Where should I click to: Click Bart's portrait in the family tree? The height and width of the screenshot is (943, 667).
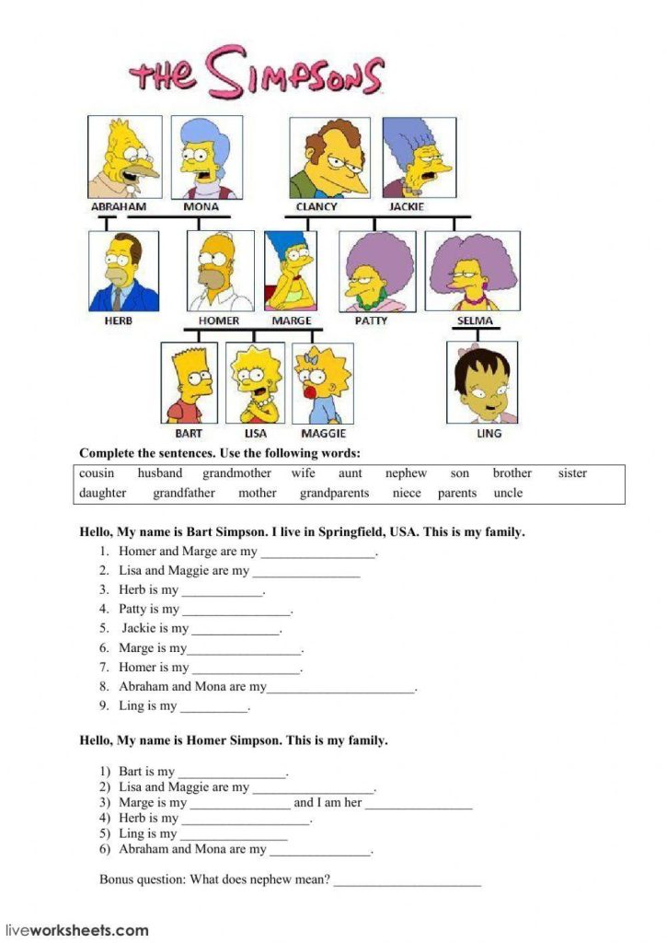click(190, 383)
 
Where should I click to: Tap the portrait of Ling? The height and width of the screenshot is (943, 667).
click(482, 382)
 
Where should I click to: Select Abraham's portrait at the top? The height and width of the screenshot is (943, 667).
click(124, 157)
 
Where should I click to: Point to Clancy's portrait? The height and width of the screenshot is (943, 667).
click(329, 157)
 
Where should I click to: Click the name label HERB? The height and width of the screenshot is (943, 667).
click(118, 320)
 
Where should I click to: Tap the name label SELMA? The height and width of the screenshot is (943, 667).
click(475, 320)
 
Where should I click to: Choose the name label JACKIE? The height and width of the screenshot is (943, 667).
click(407, 206)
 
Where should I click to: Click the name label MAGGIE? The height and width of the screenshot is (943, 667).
click(323, 432)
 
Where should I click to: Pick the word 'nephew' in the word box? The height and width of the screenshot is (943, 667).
click(406, 473)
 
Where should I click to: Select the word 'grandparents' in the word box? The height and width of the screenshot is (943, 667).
click(334, 493)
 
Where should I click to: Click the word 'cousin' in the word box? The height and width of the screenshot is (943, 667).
click(97, 473)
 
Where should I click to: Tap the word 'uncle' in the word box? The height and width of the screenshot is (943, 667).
click(508, 493)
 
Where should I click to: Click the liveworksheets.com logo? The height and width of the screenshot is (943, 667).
click(77, 930)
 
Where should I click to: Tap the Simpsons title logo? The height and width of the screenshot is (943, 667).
click(256, 73)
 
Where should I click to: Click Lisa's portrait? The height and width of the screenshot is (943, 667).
click(256, 383)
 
